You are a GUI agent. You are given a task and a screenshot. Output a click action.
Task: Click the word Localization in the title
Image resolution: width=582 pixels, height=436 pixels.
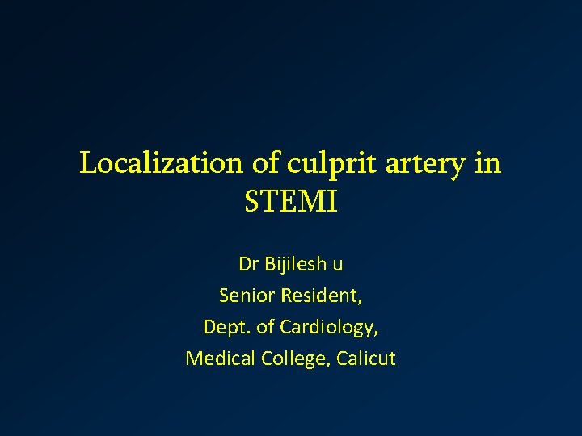click(x=162, y=163)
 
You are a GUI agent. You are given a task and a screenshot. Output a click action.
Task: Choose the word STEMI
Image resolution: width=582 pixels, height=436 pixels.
click(x=290, y=202)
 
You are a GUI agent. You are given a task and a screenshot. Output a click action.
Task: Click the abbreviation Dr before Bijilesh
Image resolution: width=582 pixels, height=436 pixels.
click(x=247, y=265)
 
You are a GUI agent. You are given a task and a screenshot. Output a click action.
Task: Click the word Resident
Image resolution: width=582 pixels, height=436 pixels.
click(x=321, y=296)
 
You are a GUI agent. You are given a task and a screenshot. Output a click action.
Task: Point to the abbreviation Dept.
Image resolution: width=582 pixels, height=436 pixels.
click(x=226, y=328)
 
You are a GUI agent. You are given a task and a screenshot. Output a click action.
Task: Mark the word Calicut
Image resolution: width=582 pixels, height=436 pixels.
click(x=363, y=358)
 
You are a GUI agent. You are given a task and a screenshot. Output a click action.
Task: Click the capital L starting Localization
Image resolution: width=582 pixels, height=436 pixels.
click(x=88, y=163)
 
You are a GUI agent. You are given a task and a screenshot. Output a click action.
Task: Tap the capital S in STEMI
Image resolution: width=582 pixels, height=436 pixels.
click(x=251, y=202)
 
